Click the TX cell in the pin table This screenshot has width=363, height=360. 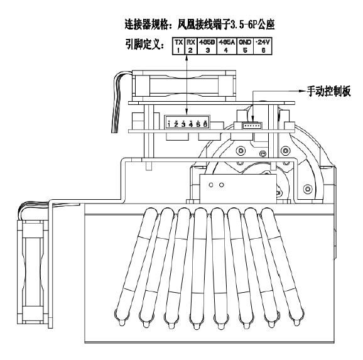pyautogui.click(x=178, y=46)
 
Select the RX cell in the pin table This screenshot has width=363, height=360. pyautogui.click(x=191, y=46)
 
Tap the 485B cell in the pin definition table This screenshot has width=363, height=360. pyautogui.click(x=207, y=46)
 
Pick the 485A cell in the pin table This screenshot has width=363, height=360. pyautogui.click(x=227, y=46)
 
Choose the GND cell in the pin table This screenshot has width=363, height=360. pyautogui.click(x=245, y=46)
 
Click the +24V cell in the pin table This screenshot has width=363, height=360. pyautogui.click(x=263, y=46)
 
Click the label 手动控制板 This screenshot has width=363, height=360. pyautogui.click(x=328, y=91)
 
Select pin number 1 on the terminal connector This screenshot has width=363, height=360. pyautogui.click(x=169, y=124)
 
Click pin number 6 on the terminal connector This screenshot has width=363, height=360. pyautogui.click(x=205, y=124)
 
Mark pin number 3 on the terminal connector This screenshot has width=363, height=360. pyautogui.click(x=183, y=124)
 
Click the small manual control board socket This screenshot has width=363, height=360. pyautogui.click(x=252, y=126)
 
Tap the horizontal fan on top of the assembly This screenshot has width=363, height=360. pyautogui.click(x=184, y=86)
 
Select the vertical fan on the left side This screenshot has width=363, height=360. pyautogui.click(x=33, y=272)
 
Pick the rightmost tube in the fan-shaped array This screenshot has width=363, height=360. pyautogui.click(x=283, y=266)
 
